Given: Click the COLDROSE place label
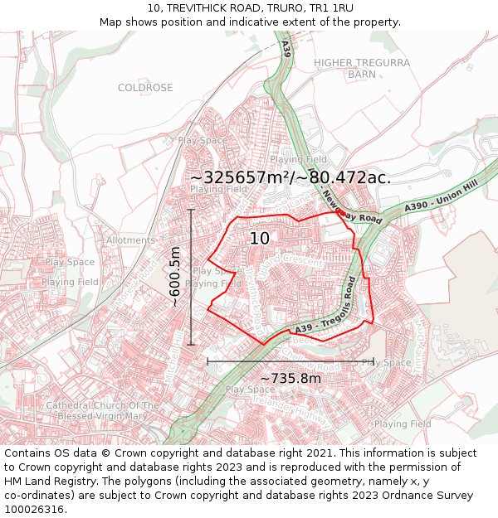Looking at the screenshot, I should pyautogui.click(x=145, y=88).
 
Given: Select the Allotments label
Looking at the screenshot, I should pyautogui.click(x=130, y=240).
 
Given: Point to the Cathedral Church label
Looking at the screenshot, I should pyautogui.click(x=102, y=410).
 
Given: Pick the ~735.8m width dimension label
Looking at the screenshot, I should pyautogui.click(x=290, y=379).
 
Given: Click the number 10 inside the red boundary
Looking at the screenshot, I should pyautogui.click(x=259, y=239).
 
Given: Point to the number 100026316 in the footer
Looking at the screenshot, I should pyautogui.click(x=35, y=509).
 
